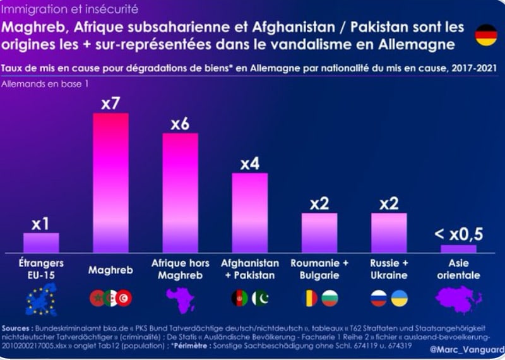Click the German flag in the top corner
point(485,35)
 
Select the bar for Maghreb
point(110,183)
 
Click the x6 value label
point(180,124)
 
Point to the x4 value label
point(249,164)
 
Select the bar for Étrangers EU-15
point(41,243)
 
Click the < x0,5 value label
point(458,235)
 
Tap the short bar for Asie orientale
point(458,248)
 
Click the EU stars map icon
point(41,299)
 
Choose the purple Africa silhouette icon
point(181,299)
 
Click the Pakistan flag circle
point(260,298)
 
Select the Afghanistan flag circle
point(240,298)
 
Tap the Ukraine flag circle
point(399,298)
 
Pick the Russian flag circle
point(379,298)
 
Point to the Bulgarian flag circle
point(330,298)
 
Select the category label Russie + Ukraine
point(389,268)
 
